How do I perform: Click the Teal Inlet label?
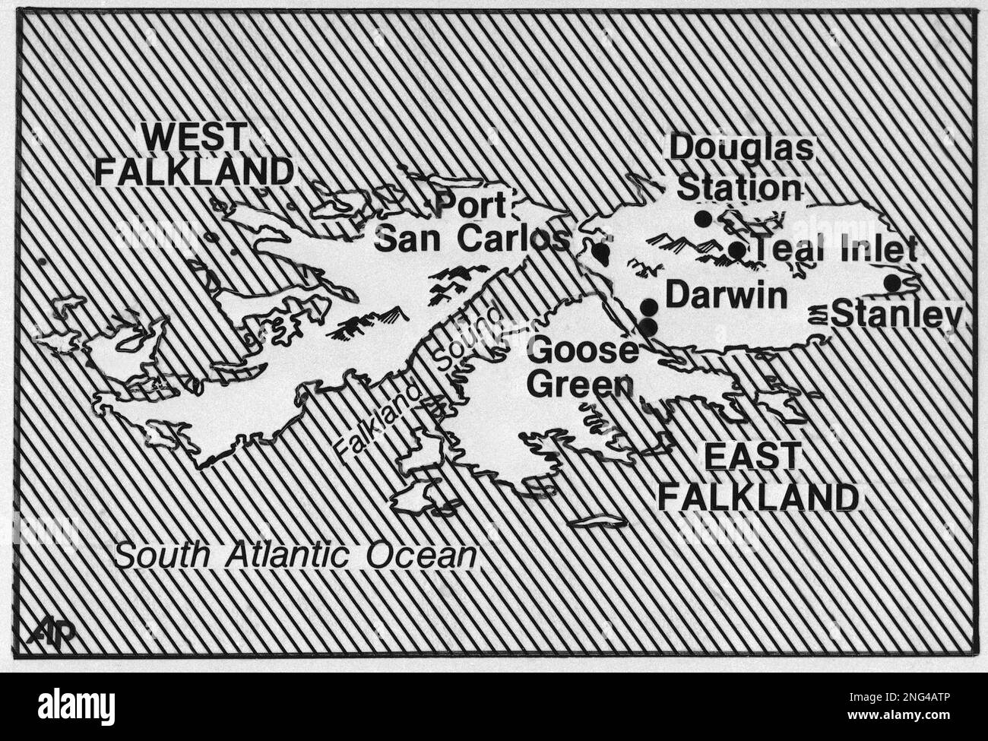tap(834, 249)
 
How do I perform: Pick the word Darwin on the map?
tap(726, 296)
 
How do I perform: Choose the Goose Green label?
tap(582, 368)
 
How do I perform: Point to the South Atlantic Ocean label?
tap(296, 556)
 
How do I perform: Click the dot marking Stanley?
tap(892, 283)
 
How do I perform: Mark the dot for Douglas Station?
tap(703, 219)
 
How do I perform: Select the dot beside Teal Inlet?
tap(736, 249)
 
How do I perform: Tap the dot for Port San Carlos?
tap(600, 250)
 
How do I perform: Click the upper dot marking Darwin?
tap(649, 307)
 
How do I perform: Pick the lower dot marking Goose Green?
tap(648, 327)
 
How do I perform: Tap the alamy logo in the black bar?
tap(76, 707)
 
